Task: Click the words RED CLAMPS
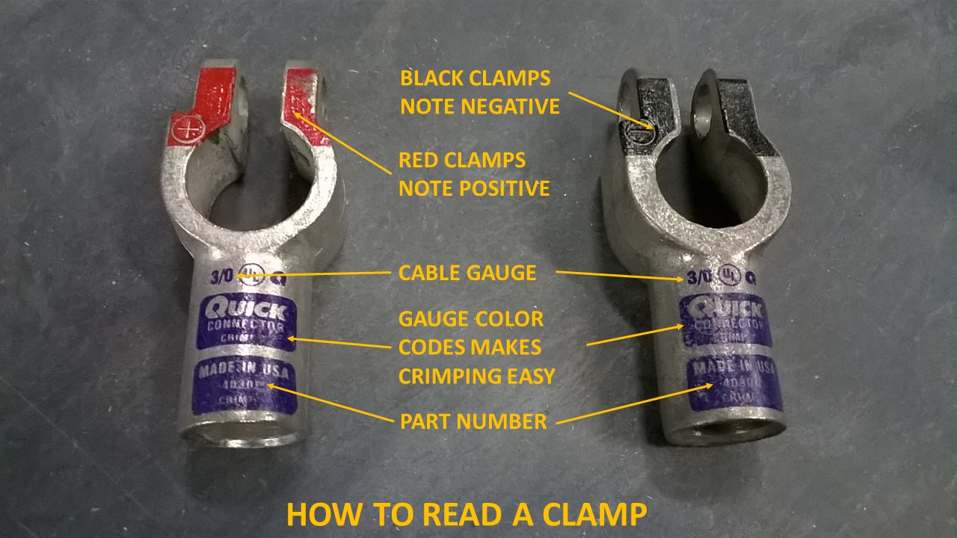pos(462,161)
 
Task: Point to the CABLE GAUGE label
pos(467,273)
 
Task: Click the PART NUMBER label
pos(473,421)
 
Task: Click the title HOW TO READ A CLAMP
pos(467,516)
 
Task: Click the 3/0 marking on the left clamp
pos(222,275)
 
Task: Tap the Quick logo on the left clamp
pos(249,309)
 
